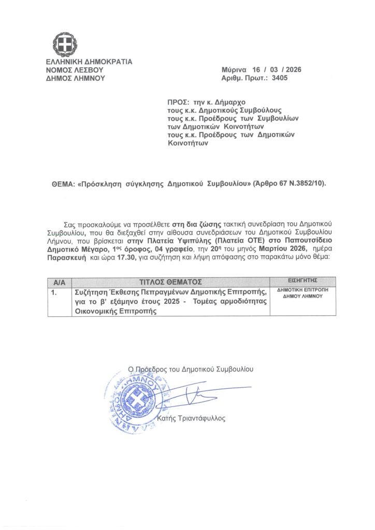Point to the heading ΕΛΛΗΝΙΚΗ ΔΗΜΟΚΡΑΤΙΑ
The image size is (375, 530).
pos(89,62)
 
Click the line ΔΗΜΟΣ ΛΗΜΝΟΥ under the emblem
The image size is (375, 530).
pos(76,78)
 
